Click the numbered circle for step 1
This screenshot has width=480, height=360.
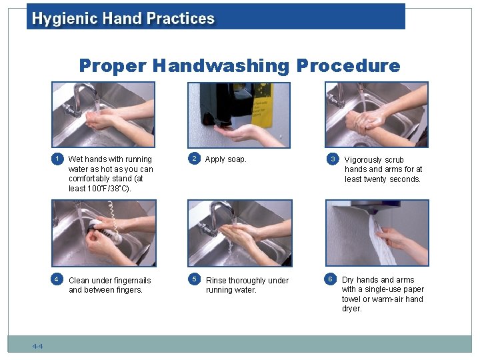[57, 159]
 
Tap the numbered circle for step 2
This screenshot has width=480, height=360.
[194, 159]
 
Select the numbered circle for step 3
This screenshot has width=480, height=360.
[333, 159]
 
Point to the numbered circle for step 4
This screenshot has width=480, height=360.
[57, 279]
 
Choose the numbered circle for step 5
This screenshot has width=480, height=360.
[194, 279]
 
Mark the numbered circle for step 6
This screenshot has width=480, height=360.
[330, 279]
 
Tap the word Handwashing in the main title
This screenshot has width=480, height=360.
[221, 66]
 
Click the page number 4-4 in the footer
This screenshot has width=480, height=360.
[37, 346]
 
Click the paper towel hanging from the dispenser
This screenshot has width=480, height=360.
[379, 240]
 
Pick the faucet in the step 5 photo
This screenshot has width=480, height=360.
[216, 218]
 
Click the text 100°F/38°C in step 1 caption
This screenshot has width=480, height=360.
[109, 188]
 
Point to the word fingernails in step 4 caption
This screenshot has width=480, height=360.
[132, 281]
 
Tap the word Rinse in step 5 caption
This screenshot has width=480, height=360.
[216, 281]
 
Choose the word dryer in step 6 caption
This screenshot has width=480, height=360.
[352, 309]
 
